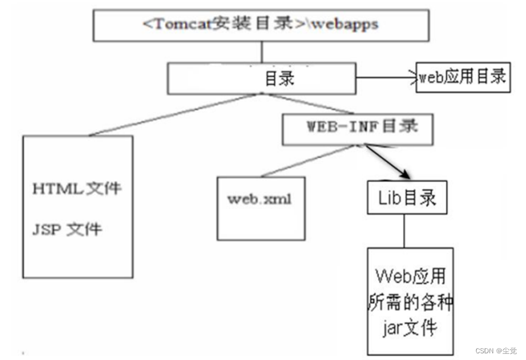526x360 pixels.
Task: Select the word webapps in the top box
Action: [x=345, y=25]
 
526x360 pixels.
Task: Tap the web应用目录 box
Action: [x=462, y=77]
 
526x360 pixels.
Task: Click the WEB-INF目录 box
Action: [x=358, y=128]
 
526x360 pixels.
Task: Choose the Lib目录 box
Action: [x=407, y=198]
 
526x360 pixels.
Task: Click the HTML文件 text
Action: [x=77, y=188]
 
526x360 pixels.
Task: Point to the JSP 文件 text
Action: [x=67, y=229]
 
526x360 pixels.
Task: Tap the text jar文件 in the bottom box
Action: [x=410, y=329]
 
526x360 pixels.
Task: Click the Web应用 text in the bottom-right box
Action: [x=410, y=277]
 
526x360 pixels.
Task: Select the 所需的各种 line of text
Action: [x=410, y=303]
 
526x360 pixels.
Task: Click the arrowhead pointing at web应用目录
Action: [x=413, y=77]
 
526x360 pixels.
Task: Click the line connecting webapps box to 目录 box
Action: [x=262, y=52]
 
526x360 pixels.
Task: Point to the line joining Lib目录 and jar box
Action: [x=404, y=230]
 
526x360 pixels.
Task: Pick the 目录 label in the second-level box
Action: [x=280, y=78]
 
